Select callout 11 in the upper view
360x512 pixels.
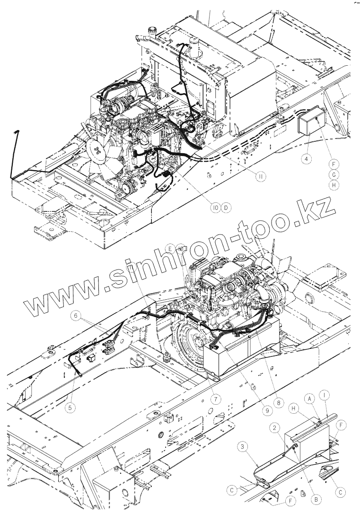[x=260, y=176]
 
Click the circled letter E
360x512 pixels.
[x=168, y=247]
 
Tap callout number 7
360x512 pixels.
[x=216, y=398]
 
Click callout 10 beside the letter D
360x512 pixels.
[x=215, y=208]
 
